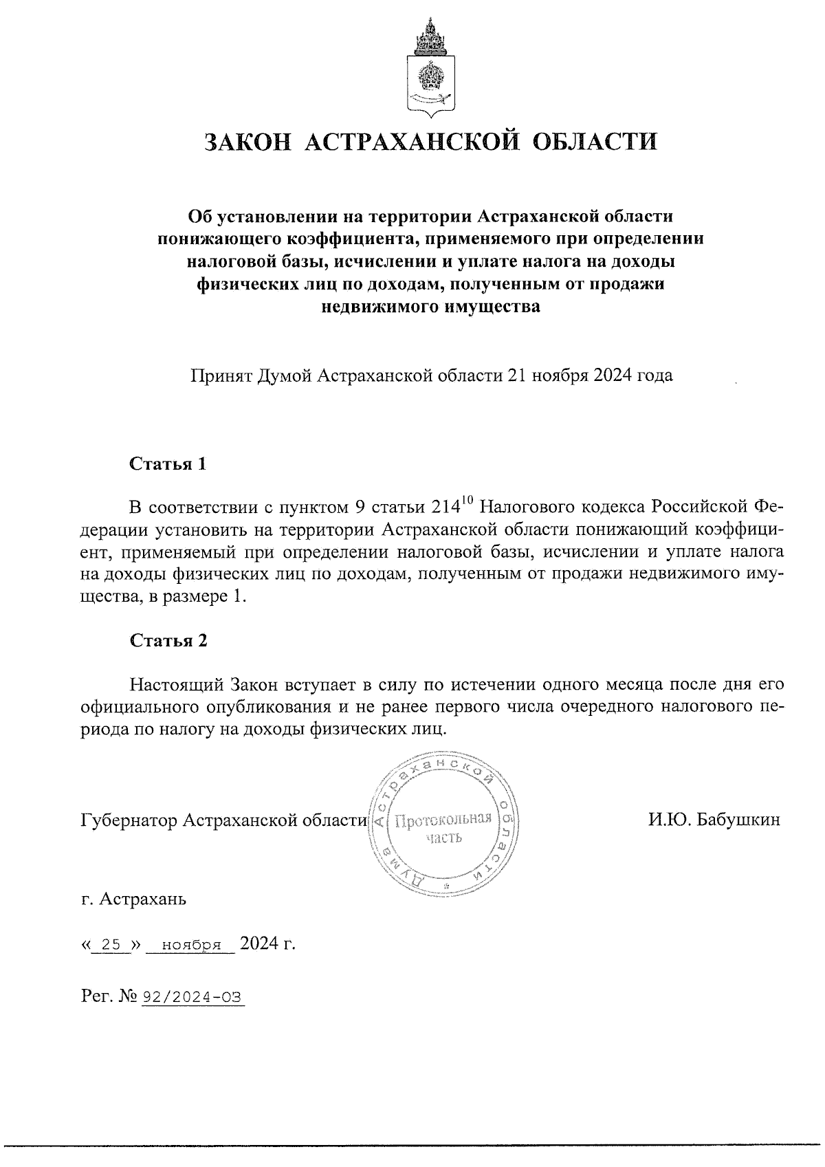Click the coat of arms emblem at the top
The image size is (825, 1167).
pos(431,69)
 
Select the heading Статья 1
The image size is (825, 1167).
pos(168,463)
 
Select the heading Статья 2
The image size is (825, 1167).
pos(168,640)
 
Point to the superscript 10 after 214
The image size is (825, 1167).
pos(467,501)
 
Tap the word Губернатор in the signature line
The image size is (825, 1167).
pos(129,820)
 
